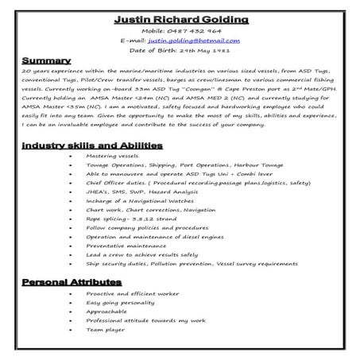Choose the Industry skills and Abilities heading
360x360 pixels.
(x=92, y=145)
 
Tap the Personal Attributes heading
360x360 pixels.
(x=72, y=282)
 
